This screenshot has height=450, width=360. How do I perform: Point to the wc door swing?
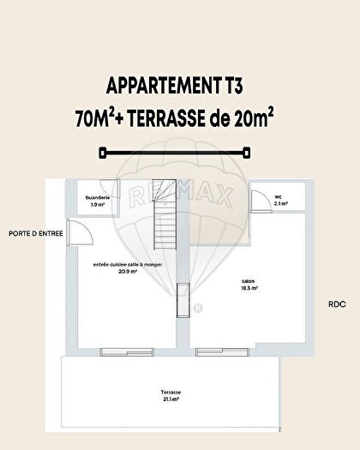coord(255,202)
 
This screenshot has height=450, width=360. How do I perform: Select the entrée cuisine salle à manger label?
coord(128,265)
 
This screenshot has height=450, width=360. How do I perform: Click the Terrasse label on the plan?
coord(170,394)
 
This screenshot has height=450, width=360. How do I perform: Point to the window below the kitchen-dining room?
coord(116,350)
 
